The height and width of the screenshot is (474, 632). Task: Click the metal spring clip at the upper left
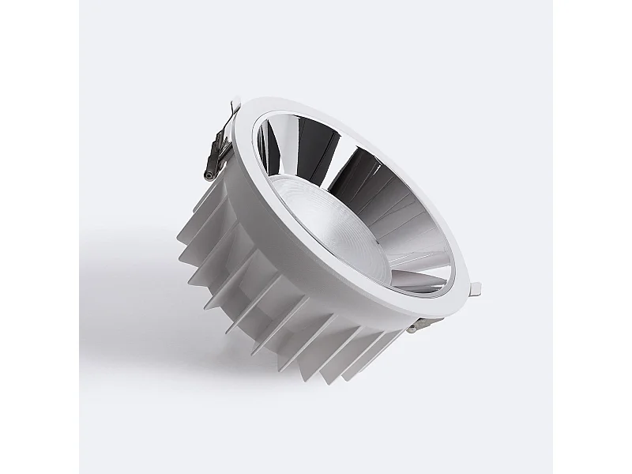click(219, 146)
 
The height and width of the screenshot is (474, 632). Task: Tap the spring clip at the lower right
click(420, 322)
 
